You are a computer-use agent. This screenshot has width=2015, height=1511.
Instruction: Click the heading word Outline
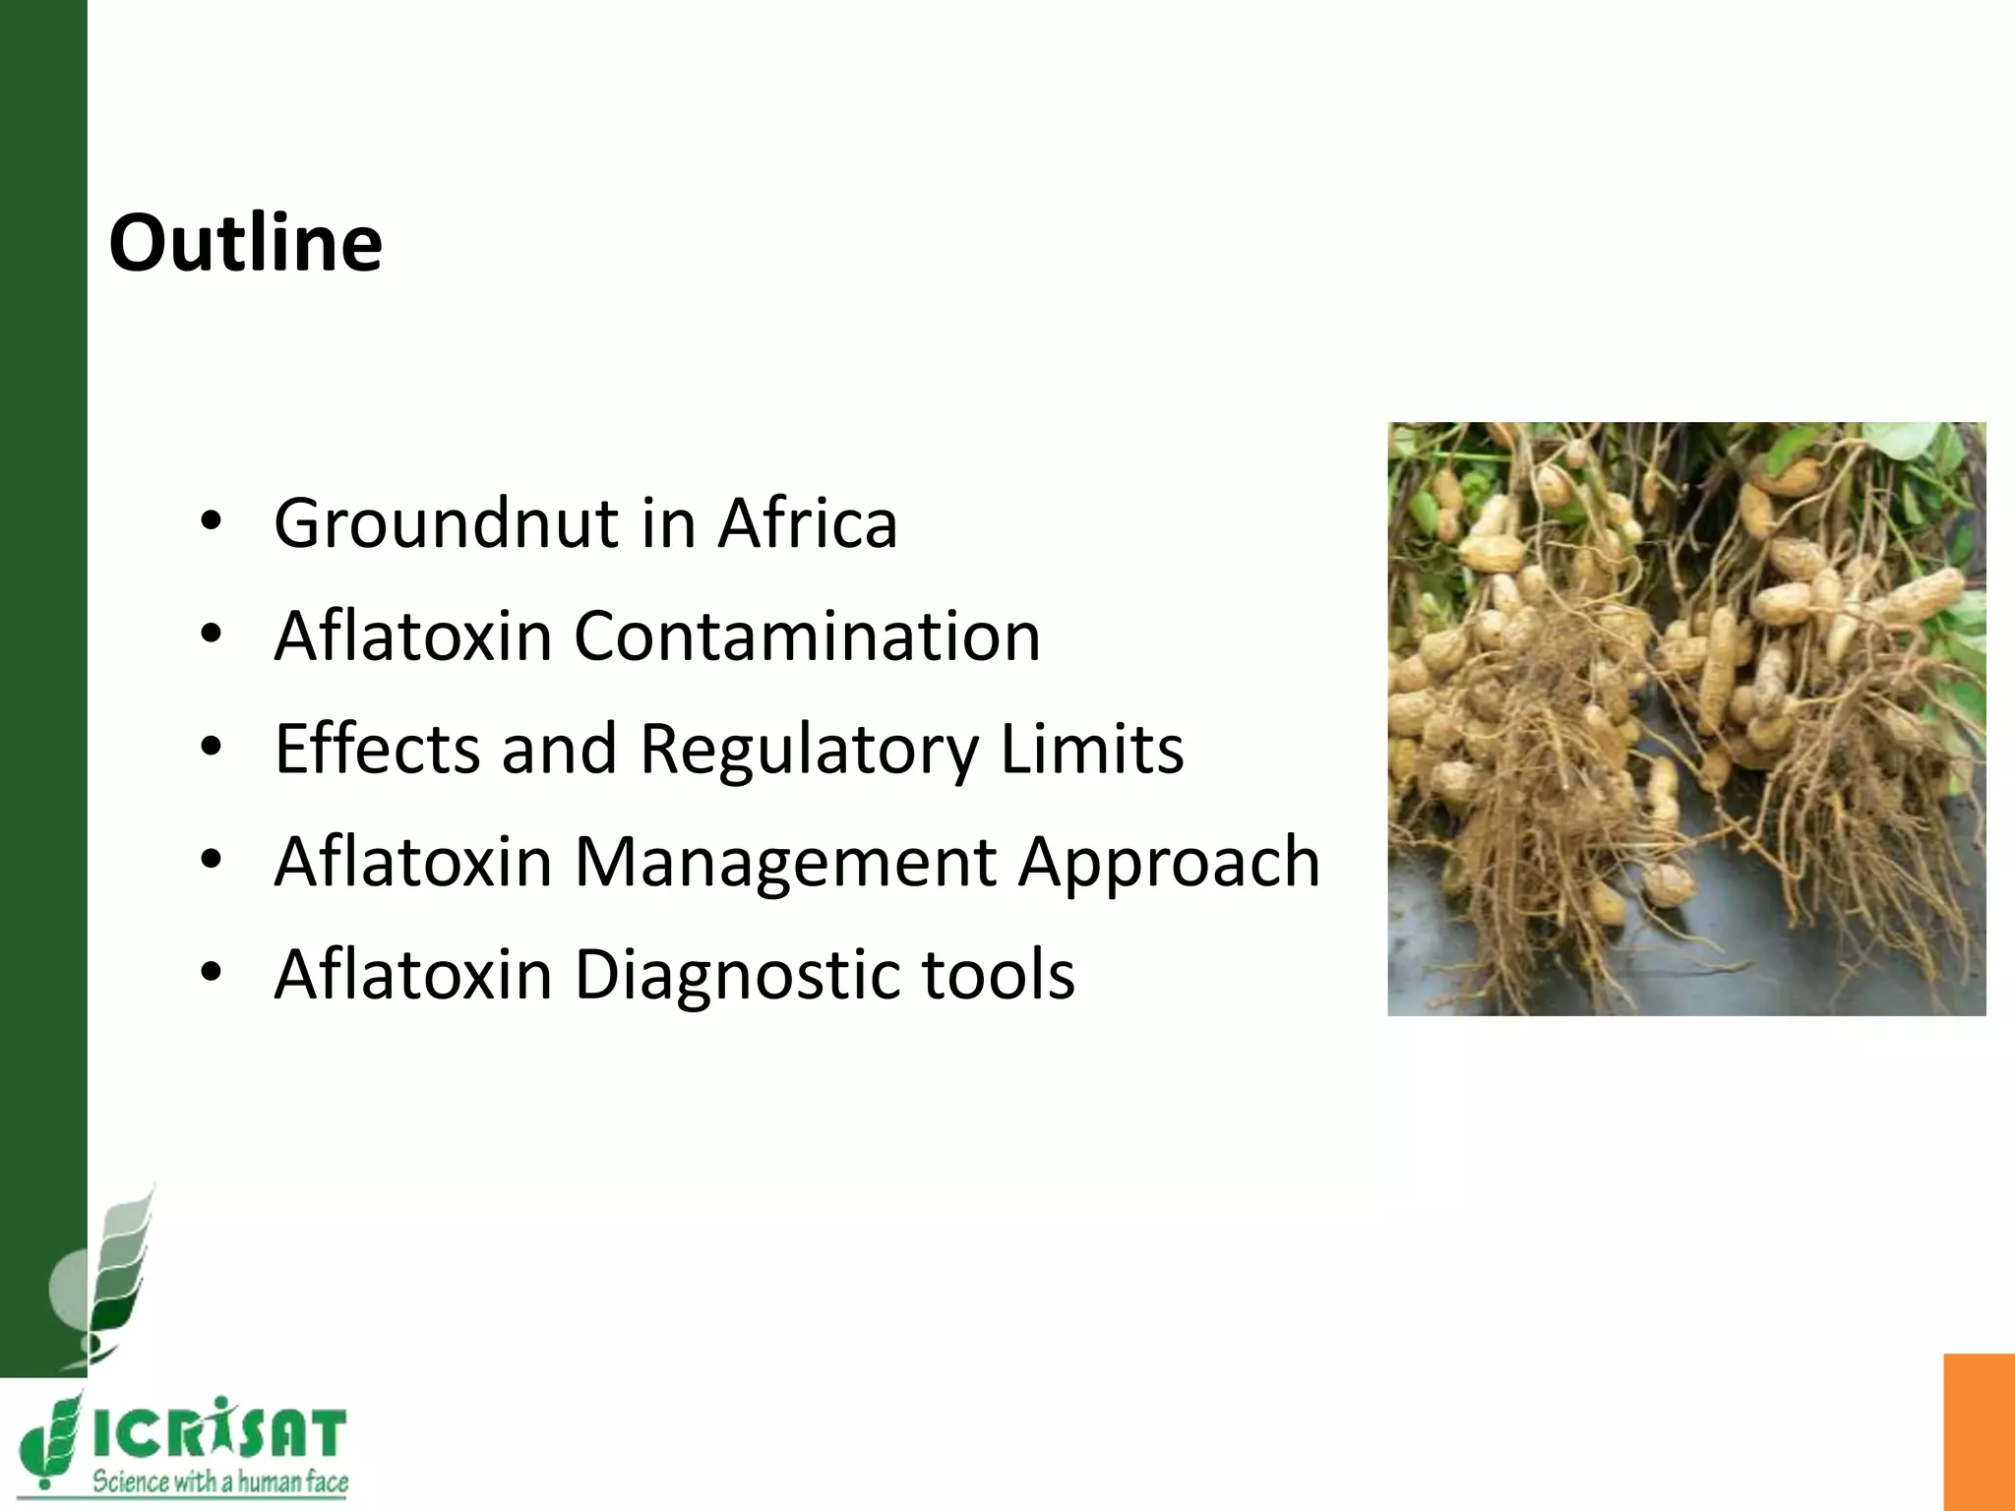coord(245,243)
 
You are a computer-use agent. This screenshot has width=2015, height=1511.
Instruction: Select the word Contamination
coord(807,636)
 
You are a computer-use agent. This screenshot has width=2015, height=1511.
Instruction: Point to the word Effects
coord(378,750)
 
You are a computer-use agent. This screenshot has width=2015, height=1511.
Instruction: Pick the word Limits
coord(1092,750)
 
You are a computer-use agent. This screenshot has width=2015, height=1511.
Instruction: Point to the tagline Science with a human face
coord(220,1481)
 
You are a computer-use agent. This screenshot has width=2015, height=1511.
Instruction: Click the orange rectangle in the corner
coord(1979,1431)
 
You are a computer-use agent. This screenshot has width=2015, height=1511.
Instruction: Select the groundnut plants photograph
coord(1686,719)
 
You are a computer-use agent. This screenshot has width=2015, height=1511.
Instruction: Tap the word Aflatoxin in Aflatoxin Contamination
coord(413,636)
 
